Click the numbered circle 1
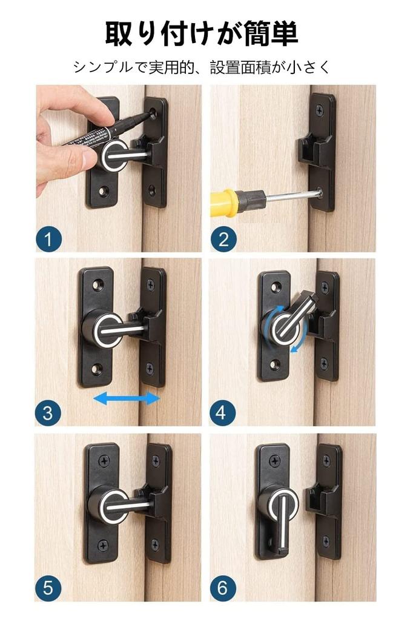coord(48,240)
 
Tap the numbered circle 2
coord(223,240)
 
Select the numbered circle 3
coord(48,414)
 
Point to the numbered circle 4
coord(223,414)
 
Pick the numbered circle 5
coord(48,588)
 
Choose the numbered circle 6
coord(223,588)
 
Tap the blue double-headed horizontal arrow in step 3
coord(127,398)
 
